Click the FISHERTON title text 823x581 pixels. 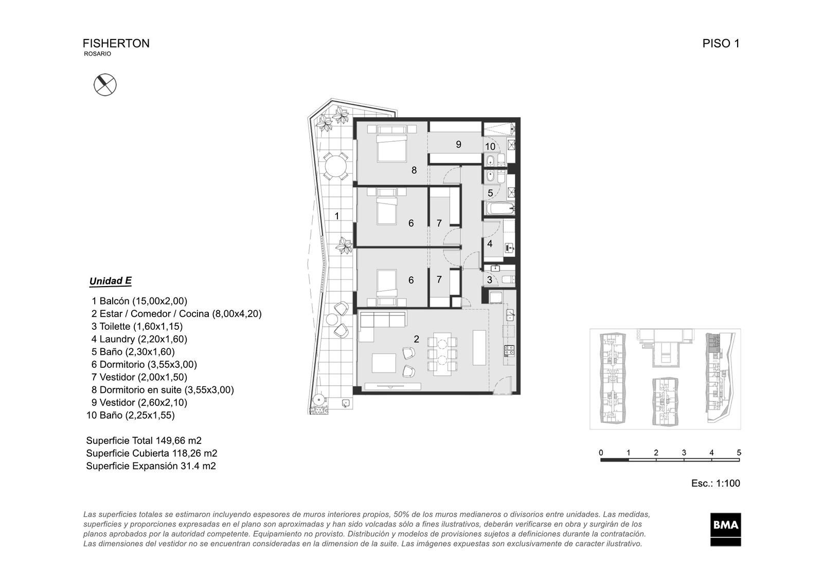point(116,43)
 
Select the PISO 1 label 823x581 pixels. point(721,43)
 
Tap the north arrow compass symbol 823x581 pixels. point(105,85)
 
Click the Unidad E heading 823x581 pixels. point(110,281)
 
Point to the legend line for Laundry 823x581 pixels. point(139,339)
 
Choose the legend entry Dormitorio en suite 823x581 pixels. point(163,390)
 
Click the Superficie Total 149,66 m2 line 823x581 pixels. point(144,440)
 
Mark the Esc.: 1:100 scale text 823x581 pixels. point(715,483)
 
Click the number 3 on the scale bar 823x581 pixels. point(684,453)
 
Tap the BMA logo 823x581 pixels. point(725,529)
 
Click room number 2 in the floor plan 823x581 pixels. point(416,339)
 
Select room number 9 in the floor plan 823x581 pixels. point(458,144)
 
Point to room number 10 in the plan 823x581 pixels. point(490,146)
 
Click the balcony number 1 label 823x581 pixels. point(337,216)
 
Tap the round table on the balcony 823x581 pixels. point(335,166)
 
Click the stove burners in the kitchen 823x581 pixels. point(509,351)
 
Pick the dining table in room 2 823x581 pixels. point(442,354)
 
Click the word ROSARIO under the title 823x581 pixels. point(97,53)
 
